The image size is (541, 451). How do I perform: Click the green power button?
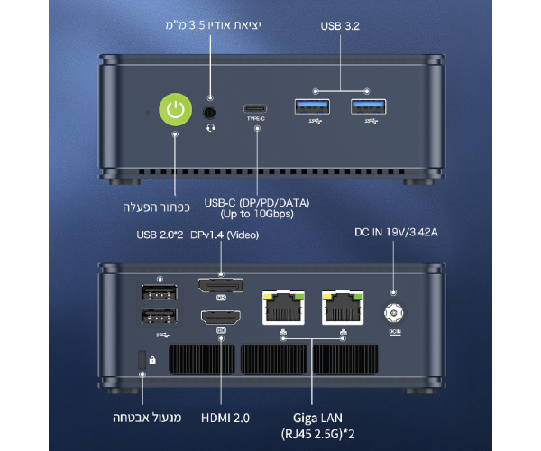(x=176, y=112)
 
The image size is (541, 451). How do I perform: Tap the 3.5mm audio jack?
(x=211, y=113)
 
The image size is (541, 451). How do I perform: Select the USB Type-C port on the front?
(x=256, y=109)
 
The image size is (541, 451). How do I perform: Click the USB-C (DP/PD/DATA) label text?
(x=257, y=204)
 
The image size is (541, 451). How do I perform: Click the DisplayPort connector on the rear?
(x=221, y=286)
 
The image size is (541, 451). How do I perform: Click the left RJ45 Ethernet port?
(x=282, y=307)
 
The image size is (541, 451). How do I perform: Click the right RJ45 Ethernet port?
(x=343, y=307)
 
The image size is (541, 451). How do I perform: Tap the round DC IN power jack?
(x=394, y=313)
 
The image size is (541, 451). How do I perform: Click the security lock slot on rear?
(x=140, y=358)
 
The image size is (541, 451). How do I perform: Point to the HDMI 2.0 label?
(x=225, y=418)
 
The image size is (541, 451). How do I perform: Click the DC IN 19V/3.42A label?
(x=395, y=235)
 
